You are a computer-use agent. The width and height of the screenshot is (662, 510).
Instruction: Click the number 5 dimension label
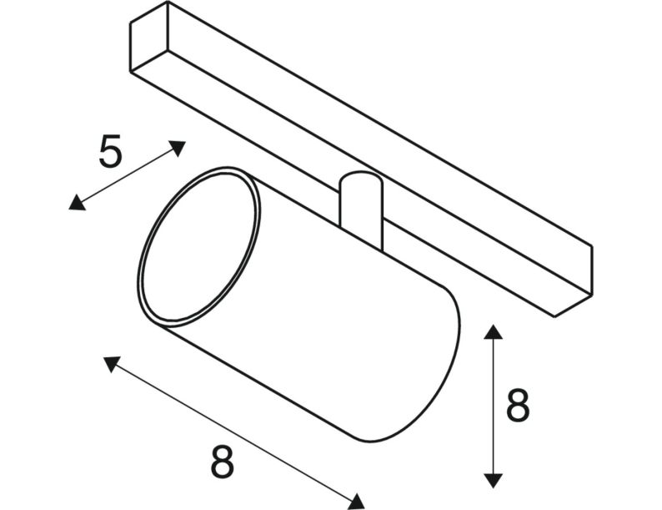click(111, 151)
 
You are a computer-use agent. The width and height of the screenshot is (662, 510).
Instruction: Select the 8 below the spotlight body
click(222, 462)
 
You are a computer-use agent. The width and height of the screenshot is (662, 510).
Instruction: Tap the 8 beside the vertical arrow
click(518, 405)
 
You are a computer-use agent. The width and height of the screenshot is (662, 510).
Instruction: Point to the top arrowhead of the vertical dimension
click(493, 331)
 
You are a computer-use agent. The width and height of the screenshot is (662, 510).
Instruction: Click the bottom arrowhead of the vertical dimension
click(493, 481)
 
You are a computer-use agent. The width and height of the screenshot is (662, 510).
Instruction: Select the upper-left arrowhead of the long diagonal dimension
click(111, 363)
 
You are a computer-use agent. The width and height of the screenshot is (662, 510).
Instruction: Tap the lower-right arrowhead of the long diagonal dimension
click(357, 502)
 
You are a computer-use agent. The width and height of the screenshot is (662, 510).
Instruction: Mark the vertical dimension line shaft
click(493, 406)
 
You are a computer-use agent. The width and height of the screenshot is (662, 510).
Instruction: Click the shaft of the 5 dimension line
click(127, 175)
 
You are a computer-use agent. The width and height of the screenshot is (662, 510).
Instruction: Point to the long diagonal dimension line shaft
click(234, 432)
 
